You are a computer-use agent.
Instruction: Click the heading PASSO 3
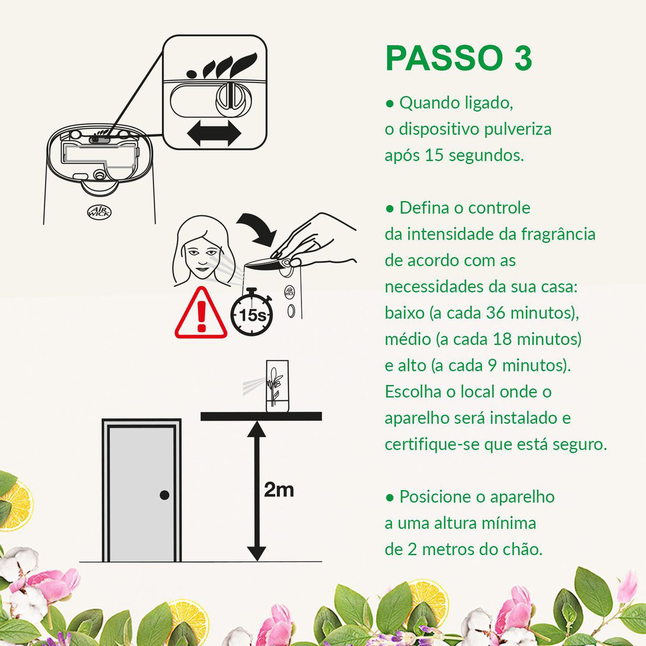pos(458,58)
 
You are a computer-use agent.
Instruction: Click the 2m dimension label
pos(279,490)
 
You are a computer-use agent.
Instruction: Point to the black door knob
pos(164,495)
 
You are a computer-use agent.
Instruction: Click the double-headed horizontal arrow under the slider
pos(214,133)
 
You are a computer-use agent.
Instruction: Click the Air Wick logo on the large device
pos(99,212)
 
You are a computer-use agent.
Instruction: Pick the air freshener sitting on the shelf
pos(277,387)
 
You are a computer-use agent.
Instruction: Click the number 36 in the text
pos(496,313)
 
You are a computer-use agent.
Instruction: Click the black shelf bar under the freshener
pos(261,416)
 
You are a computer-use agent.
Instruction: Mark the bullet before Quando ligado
pos(389,104)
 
